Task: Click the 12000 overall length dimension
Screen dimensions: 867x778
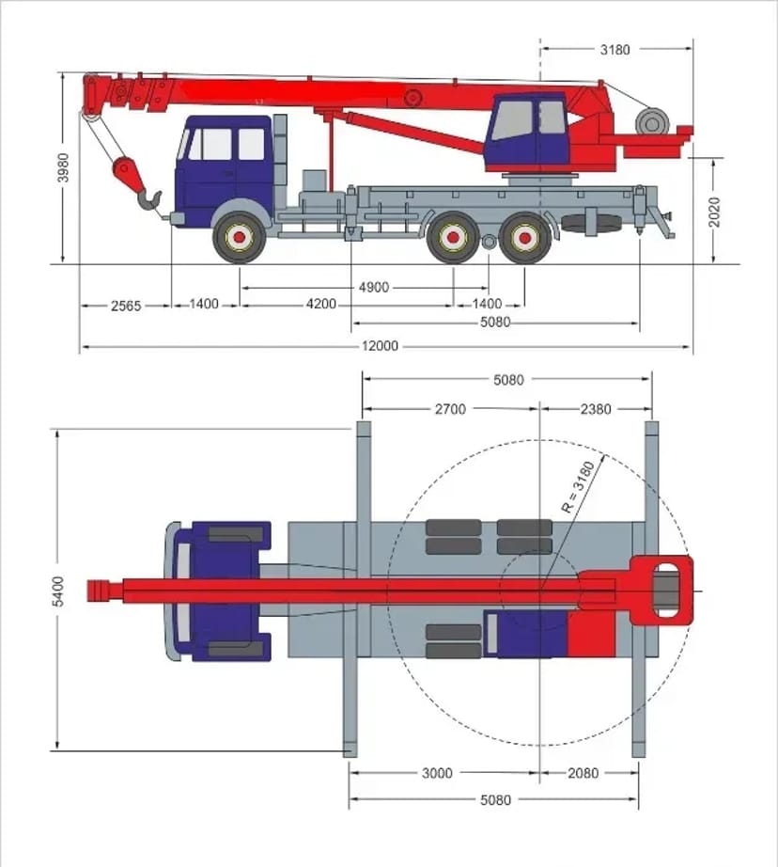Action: [x=380, y=346]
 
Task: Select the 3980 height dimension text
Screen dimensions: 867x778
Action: [x=65, y=167]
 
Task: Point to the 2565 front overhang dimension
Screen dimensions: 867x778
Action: [x=125, y=305]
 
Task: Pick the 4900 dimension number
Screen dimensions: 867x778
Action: [x=373, y=288]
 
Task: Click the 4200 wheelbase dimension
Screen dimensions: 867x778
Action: [x=320, y=305]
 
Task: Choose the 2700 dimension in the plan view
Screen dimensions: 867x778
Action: [x=450, y=409]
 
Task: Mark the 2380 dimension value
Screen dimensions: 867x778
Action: [x=595, y=409]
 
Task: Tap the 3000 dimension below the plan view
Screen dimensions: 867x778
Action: [x=436, y=774]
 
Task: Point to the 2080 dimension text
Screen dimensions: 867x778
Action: [x=583, y=774]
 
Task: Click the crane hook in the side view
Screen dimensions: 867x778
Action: [x=149, y=200]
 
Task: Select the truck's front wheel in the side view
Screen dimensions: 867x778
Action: [x=241, y=238]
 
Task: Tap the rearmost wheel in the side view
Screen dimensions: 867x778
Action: [x=524, y=238]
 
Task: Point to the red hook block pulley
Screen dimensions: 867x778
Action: [x=124, y=170]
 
